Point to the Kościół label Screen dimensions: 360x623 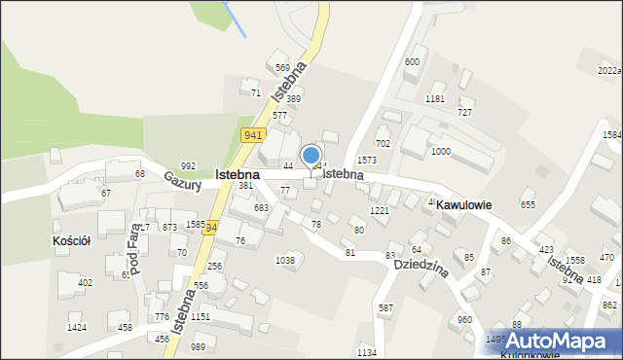[71, 240]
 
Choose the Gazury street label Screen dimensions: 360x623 [182, 181]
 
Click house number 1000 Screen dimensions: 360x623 [441, 152]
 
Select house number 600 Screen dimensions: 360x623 [412, 62]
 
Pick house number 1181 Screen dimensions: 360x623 [435, 99]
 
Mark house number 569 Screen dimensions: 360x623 [282, 68]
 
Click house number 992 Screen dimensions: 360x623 [188, 166]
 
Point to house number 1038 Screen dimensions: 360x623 [285, 261]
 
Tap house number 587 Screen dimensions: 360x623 [386, 308]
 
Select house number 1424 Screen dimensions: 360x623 [77, 328]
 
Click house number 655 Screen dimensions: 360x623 [529, 205]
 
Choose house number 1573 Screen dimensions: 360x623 [367, 160]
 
